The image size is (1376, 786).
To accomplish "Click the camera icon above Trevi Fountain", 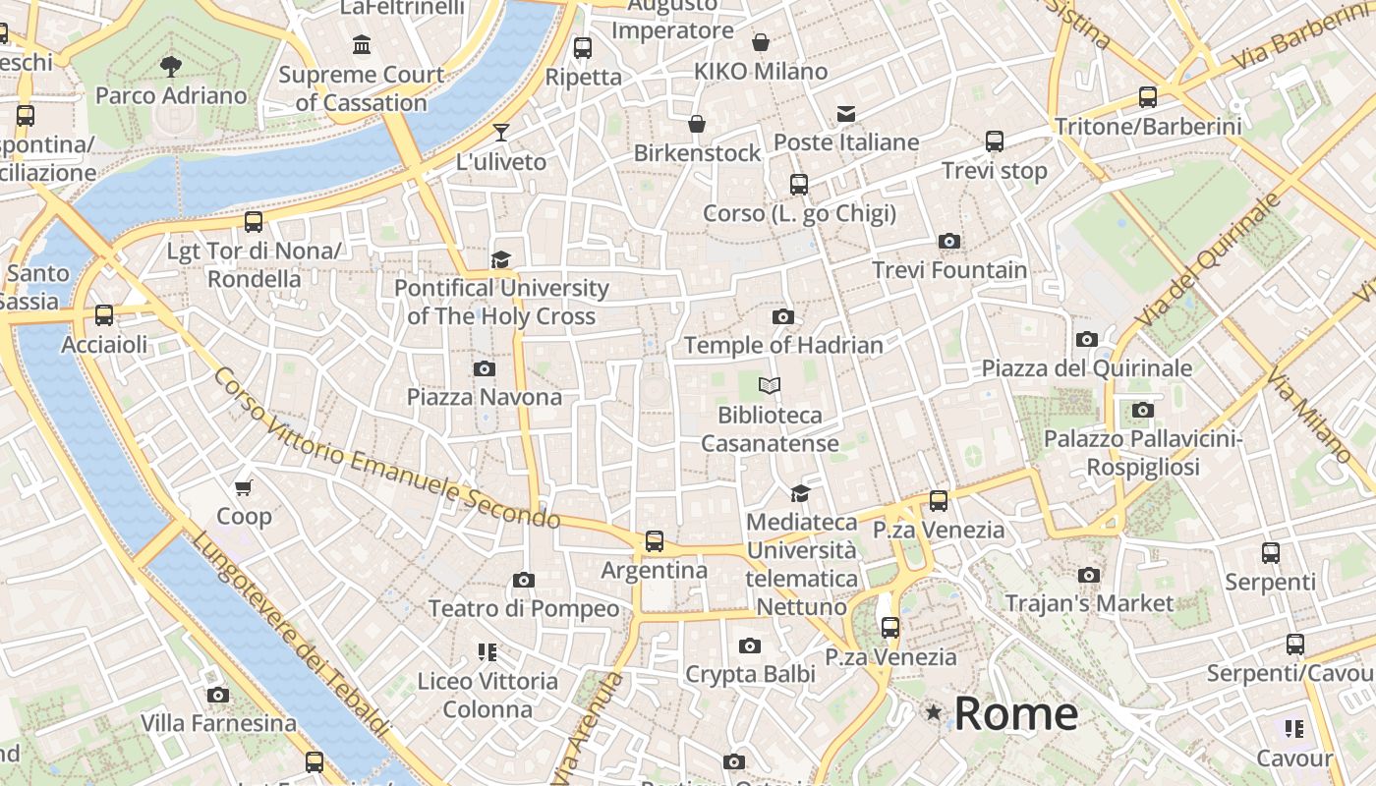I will tap(948, 241).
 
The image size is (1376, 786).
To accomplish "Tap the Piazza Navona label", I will tap(485, 397).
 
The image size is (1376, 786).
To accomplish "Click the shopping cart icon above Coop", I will tap(244, 487).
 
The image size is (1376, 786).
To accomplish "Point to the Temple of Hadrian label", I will tap(783, 345).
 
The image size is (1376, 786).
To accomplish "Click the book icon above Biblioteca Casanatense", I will tap(770, 386).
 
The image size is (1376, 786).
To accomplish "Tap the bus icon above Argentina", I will tap(655, 540).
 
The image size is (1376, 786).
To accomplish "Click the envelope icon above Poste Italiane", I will tap(846, 114).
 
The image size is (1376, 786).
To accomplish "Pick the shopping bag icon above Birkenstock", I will tap(697, 124).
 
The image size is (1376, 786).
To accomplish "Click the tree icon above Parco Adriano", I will tap(171, 67).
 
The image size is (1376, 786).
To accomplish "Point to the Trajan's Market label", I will tap(1089, 602).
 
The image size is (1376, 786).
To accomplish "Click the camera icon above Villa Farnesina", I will tap(218, 695).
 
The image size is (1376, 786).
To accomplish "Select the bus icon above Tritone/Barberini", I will tap(1147, 96).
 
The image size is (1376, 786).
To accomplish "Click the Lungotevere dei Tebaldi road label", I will tap(291, 633).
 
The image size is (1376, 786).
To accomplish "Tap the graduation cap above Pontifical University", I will tap(501, 259).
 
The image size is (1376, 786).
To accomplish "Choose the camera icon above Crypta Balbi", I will tap(750, 646).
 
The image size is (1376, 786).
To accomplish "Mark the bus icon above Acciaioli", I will tap(104, 315).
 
